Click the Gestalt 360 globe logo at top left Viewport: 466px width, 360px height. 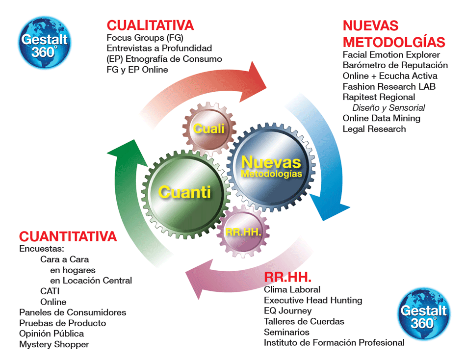click(44, 43)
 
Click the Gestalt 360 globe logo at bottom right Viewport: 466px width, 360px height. click(424, 314)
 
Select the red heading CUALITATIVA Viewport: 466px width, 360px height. click(150, 26)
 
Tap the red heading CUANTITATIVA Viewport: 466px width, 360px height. click(68, 236)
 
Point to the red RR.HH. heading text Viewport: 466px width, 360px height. click(287, 277)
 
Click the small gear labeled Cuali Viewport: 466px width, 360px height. click(209, 129)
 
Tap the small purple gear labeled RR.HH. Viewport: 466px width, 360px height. click(243, 231)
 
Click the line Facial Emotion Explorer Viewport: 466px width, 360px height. click(391, 55)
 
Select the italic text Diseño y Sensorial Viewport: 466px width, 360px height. click(388, 107)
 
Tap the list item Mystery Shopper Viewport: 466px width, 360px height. click(54, 344)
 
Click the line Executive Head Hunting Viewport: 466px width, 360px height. click(313, 300)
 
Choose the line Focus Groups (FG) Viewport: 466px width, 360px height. click(145, 38)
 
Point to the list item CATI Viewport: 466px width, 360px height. click(50, 291)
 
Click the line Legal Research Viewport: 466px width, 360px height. click(374, 129)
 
